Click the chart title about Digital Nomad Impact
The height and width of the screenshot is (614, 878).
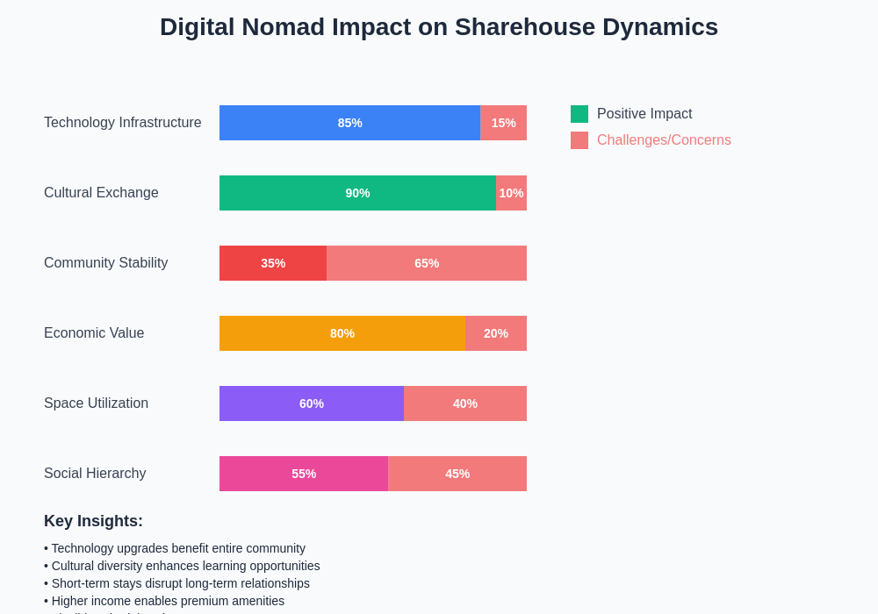click(x=439, y=27)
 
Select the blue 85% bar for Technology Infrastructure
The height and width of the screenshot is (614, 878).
click(x=349, y=123)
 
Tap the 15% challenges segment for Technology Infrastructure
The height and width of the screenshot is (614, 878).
click(x=503, y=123)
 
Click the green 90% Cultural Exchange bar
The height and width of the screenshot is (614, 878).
click(x=357, y=193)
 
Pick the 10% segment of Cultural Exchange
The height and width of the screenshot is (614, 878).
click(x=511, y=193)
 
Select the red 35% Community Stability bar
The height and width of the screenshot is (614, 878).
click(x=273, y=263)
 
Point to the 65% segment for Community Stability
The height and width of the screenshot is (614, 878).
click(x=427, y=263)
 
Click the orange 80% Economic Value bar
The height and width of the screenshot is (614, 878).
click(x=342, y=333)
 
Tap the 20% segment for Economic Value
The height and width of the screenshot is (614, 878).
click(x=496, y=333)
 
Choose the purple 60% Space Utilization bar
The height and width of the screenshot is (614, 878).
click(x=312, y=403)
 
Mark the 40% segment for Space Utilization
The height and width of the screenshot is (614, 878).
click(x=465, y=403)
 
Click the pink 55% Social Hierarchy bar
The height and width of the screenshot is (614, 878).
click(x=304, y=474)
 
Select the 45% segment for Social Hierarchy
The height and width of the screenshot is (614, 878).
click(x=457, y=474)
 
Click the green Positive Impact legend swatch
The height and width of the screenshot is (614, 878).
click(x=579, y=114)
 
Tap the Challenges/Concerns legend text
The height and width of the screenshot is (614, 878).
click(x=664, y=140)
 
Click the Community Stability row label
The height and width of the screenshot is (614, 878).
click(x=105, y=263)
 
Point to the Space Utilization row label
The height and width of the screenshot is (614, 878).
click(x=96, y=403)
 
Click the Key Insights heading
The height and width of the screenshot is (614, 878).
click(x=93, y=521)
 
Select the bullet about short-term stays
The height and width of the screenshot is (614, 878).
click(x=180, y=583)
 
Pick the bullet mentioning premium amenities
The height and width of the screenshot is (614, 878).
click(x=168, y=601)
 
